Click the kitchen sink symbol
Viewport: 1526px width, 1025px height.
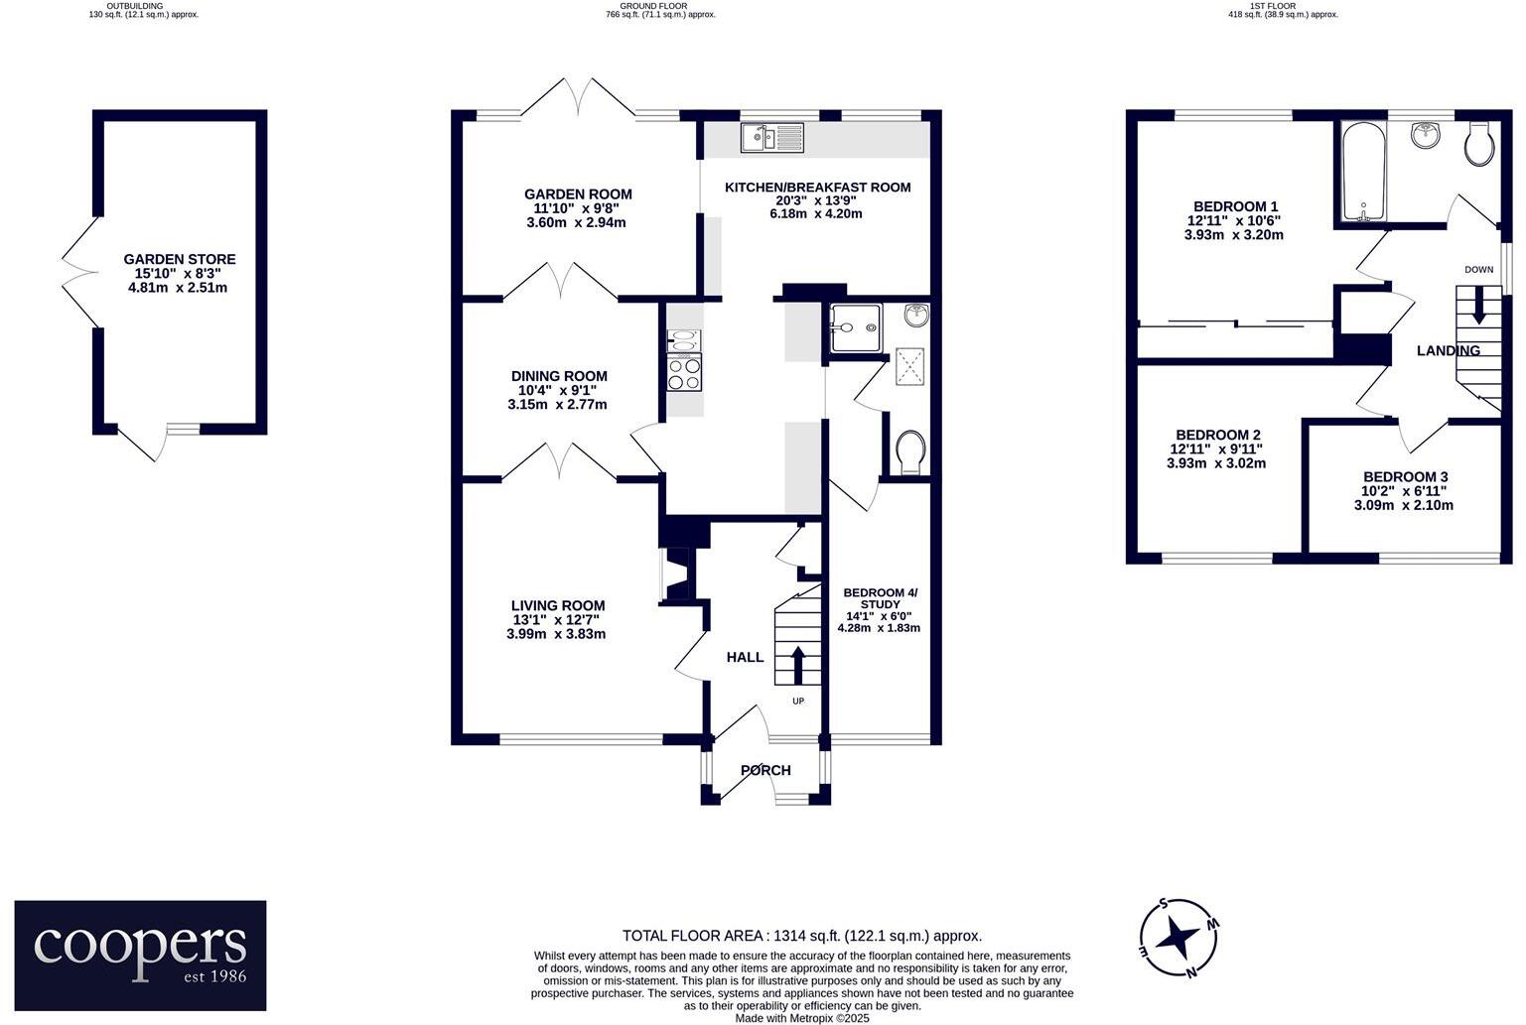point(771,137)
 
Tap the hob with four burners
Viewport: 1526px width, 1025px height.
point(685,374)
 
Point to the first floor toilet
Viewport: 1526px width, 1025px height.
point(1479,146)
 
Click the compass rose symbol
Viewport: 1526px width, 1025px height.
point(1179,937)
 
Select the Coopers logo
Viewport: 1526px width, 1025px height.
point(140,955)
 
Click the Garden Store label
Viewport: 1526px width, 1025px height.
point(180,259)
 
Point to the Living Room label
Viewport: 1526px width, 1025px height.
point(557,605)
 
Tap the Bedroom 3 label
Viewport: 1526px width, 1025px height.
point(1404,476)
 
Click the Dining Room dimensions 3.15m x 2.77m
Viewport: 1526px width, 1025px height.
point(557,405)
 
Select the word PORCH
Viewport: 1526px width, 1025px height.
point(765,770)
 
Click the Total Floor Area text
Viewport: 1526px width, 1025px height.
point(801,936)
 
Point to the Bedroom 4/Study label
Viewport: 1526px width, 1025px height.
point(880,598)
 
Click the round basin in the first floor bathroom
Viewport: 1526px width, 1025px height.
point(1426,135)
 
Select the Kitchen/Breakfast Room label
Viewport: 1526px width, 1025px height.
point(817,187)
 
